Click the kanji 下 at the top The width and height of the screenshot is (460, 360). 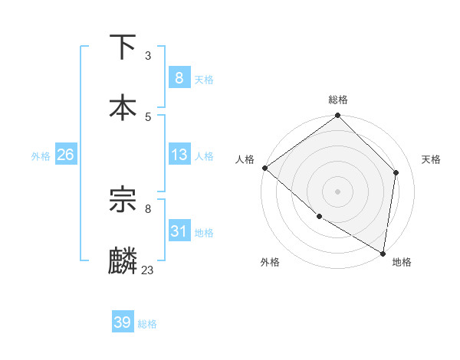[x=123, y=47]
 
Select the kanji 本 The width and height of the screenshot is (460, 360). [x=123, y=106]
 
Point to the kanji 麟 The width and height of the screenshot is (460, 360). [x=123, y=260]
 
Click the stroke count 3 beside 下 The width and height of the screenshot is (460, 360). [x=148, y=56]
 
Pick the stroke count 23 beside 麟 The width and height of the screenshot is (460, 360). [x=148, y=270]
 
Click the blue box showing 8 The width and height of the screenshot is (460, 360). [x=179, y=77]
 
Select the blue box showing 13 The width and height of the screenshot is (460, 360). [x=179, y=154]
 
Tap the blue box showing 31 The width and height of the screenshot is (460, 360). [x=179, y=231]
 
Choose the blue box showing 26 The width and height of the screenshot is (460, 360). [x=65, y=154]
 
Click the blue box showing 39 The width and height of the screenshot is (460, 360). [x=122, y=322]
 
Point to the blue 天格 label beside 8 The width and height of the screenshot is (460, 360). [x=204, y=79]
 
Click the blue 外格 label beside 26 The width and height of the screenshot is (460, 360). [x=41, y=155]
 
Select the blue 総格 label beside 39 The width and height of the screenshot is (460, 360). [x=147, y=324]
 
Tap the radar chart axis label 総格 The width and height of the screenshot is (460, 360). [x=338, y=100]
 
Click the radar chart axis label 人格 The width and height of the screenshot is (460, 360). [x=245, y=159]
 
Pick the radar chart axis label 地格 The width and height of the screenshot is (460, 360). [x=402, y=262]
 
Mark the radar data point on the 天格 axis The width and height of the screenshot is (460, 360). [x=396, y=172]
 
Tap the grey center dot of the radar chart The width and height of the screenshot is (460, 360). [x=338, y=191]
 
